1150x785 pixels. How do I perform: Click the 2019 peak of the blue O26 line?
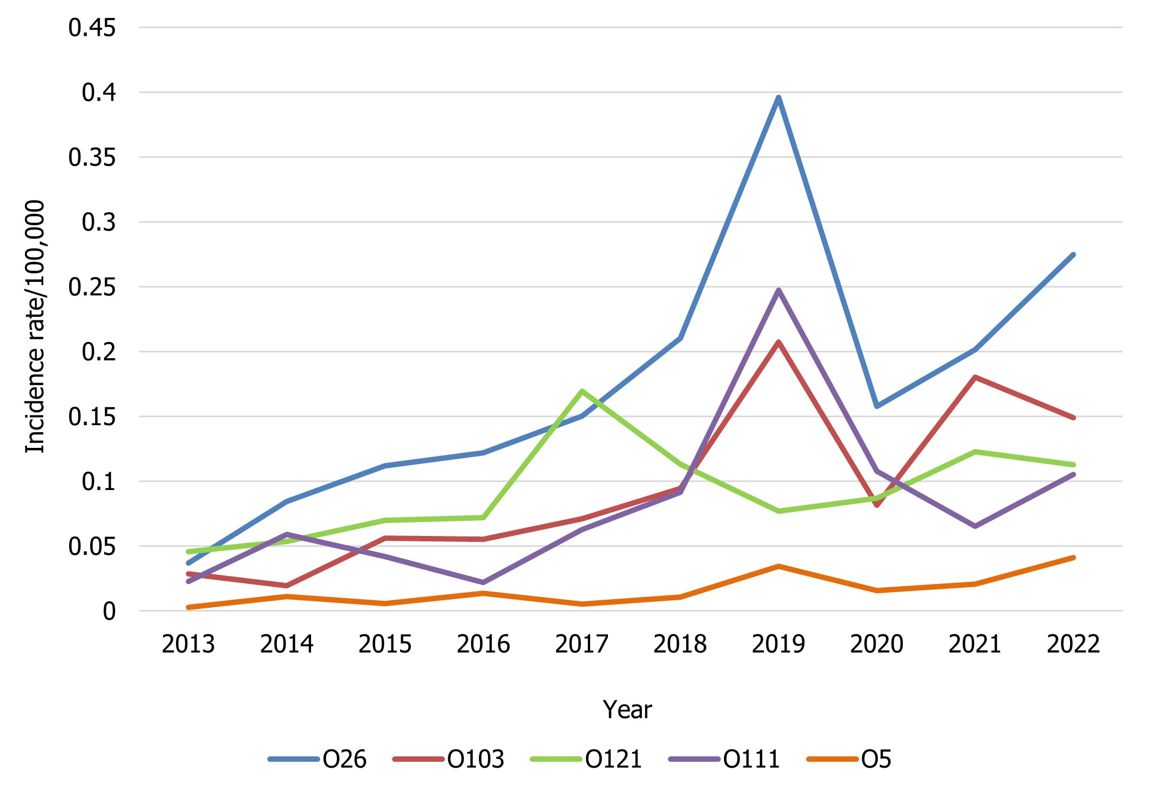(779, 97)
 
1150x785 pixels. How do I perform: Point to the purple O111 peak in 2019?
(779, 290)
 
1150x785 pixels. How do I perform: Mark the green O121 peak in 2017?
(582, 391)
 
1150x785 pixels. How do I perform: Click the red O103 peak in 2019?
(779, 342)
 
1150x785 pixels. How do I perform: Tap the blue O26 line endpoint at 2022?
(1073, 254)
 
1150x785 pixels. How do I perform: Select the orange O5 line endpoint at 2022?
(1073, 558)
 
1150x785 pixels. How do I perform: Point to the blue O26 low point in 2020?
(877, 406)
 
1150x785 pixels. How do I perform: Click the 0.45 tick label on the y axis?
(92, 28)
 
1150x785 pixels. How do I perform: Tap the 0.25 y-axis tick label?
(92, 287)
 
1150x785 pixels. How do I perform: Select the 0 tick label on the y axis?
(109, 611)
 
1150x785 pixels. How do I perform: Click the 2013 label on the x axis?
(188, 644)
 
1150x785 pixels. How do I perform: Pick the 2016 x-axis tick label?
(483, 644)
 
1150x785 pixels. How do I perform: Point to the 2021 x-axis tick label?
(975, 644)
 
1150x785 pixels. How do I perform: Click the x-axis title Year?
(627, 709)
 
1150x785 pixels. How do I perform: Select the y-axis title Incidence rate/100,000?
(35, 326)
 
